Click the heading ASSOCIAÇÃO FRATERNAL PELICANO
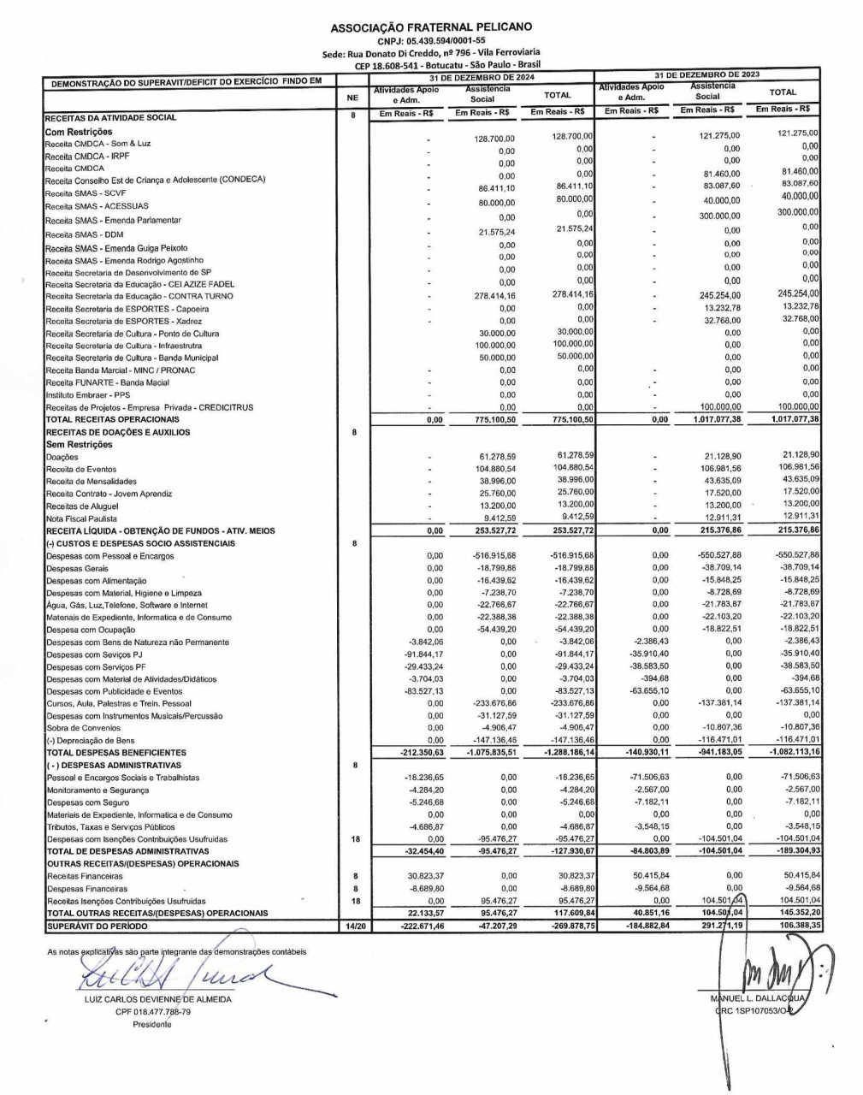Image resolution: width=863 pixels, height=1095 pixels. tap(431, 28)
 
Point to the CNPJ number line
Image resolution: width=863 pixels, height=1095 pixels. tap(431, 39)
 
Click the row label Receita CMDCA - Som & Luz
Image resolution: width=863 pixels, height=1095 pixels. tap(98, 144)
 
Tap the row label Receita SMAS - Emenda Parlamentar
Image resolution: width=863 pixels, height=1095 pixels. tap(113, 221)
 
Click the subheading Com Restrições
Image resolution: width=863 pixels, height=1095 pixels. tap(79, 132)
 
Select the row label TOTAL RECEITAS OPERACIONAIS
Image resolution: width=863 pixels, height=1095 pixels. tap(113, 420)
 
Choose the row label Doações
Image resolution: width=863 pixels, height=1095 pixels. tap(62, 458)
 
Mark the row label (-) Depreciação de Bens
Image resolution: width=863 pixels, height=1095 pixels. tap(91, 741)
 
